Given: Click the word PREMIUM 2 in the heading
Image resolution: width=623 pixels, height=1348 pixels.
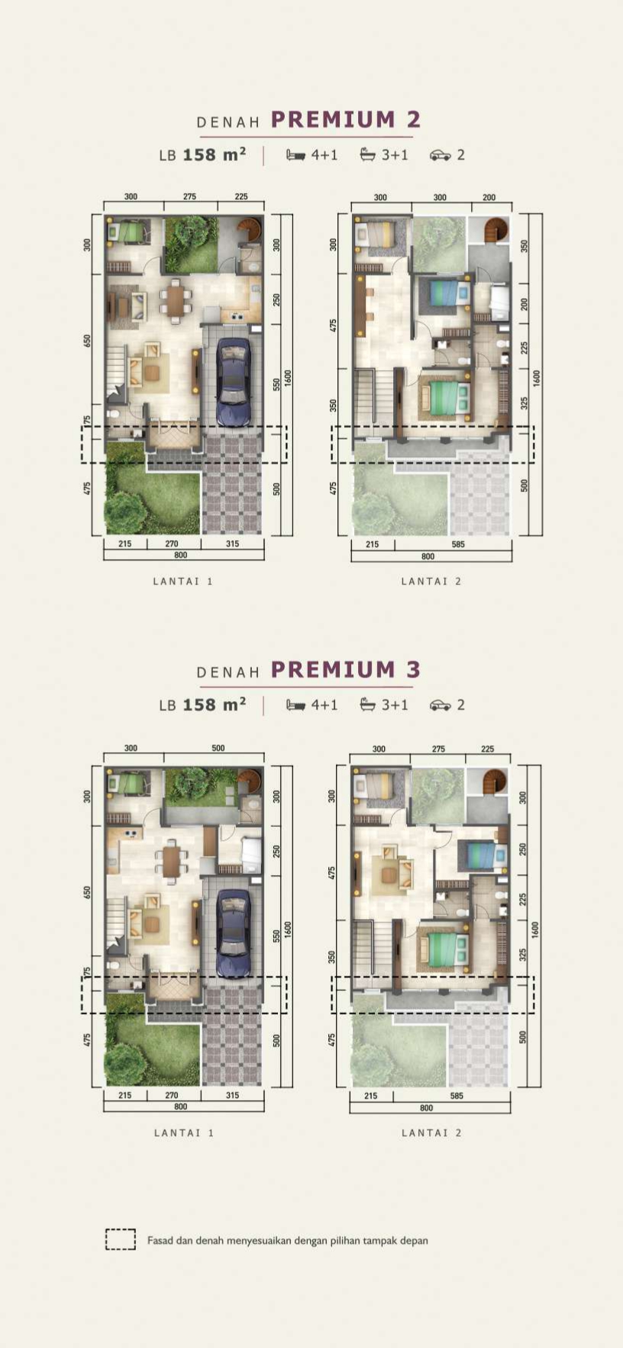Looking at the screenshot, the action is (346, 120).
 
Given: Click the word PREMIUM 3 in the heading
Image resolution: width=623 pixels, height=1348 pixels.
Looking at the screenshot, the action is (346, 670).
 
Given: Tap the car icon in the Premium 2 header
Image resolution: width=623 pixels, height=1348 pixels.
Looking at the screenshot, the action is (440, 155).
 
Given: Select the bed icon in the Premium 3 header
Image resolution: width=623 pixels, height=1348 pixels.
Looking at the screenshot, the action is (295, 705).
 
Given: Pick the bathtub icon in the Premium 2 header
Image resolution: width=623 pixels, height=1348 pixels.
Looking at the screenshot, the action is (368, 155).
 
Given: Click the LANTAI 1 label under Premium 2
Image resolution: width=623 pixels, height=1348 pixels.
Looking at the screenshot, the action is (183, 581).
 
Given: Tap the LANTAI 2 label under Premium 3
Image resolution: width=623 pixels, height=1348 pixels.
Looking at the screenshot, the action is (432, 1133).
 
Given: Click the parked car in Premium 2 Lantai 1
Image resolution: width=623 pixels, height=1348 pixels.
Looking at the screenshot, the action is (234, 381).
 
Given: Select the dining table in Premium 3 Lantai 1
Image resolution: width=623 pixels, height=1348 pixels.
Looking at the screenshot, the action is (172, 861).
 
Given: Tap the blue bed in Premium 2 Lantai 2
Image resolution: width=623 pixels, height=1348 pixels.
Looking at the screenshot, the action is (444, 292).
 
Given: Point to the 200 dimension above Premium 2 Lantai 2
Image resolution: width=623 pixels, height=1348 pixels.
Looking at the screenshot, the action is (489, 198).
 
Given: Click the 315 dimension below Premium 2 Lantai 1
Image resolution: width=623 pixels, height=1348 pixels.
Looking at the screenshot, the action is (232, 544).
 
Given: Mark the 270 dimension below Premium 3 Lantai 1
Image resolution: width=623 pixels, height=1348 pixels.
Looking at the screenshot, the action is (172, 1095).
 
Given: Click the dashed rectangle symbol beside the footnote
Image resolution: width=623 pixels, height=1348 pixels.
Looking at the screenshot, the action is (121, 1240).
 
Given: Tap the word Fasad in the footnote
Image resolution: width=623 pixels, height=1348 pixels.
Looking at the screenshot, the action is (160, 1240).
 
